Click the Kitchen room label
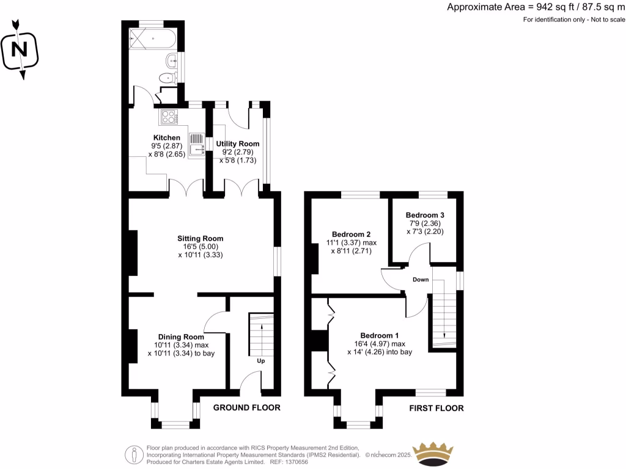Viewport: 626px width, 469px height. [167, 138]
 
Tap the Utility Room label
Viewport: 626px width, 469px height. [237, 144]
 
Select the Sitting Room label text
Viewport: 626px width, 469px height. [200, 238]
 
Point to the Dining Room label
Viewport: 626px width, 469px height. [180, 336]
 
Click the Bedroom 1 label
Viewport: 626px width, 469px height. [379, 335]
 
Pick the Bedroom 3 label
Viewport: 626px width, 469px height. [425, 215]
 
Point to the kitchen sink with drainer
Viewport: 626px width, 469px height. [197, 145]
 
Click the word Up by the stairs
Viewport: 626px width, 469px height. [260, 361]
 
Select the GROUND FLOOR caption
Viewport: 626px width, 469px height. [246, 408]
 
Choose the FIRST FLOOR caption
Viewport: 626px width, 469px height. [436, 408]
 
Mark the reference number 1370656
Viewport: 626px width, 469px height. [331, 463]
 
